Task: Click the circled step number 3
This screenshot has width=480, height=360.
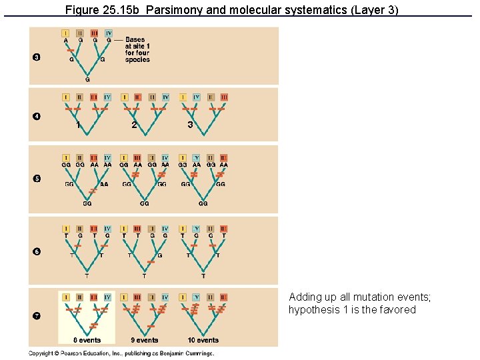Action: coord(37,57)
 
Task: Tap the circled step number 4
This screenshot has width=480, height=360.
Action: coord(37,117)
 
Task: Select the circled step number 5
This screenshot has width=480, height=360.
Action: coord(37,178)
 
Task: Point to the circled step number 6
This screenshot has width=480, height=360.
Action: coord(37,251)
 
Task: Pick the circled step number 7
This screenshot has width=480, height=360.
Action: coord(37,315)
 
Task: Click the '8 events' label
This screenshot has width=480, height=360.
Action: coord(87,340)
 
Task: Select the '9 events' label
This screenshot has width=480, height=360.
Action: coord(145,340)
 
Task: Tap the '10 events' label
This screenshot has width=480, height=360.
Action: coord(203,340)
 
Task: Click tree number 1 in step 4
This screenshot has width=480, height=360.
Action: coord(78,125)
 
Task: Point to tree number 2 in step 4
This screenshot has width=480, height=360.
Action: coord(134,125)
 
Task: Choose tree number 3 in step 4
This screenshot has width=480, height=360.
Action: coord(190,125)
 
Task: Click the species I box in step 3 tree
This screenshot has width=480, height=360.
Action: coord(65,33)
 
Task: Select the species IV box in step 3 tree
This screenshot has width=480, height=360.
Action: coord(109,33)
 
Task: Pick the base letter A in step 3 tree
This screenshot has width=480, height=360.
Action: coord(65,41)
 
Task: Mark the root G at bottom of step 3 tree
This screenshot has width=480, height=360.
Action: coord(87,79)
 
